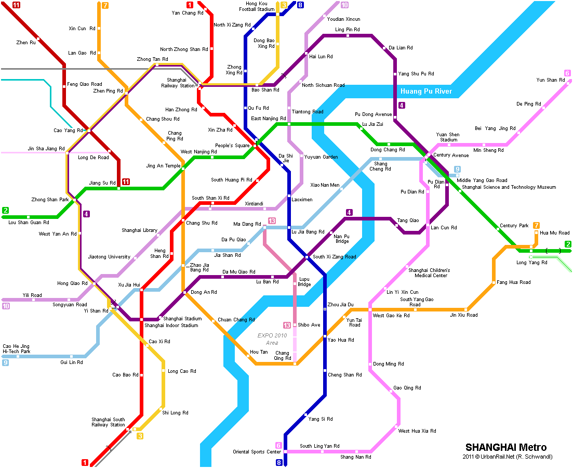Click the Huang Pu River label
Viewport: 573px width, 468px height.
(426, 92)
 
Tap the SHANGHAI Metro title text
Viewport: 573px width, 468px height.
(505, 447)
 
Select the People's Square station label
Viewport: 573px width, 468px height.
(232, 146)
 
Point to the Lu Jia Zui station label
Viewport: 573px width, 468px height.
(372, 124)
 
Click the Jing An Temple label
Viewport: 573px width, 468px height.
(163, 166)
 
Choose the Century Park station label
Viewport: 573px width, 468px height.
(514, 226)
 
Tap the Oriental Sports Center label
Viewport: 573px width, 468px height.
(257, 452)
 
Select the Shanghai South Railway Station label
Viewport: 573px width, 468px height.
(108, 422)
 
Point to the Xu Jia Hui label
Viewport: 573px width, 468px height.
(129, 284)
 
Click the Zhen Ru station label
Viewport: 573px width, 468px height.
(26, 43)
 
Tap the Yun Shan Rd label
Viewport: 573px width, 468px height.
(547, 80)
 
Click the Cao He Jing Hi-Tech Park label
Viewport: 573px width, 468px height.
(17, 349)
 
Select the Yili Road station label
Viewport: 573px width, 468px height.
(32, 295)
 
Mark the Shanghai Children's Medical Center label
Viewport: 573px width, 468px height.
(429, 273)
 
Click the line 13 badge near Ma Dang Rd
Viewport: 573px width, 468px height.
(272, 221)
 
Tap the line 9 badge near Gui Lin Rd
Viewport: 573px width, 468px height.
(5, 362)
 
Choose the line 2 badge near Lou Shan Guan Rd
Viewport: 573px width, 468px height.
(5, 210)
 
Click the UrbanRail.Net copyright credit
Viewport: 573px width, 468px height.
(508, 457)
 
